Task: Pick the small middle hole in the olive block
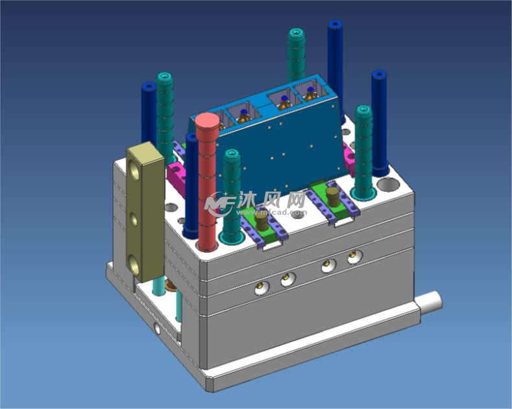click(x=134, y=220)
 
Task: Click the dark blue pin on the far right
click(x=379, y=123)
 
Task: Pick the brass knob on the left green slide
click(x=263, y=222)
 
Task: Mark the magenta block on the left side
click(x=176, y=173)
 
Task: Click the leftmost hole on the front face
click(x=260, y=287)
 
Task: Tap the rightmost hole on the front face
click(x=353, y=257)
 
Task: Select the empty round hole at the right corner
click(x=388, y=184)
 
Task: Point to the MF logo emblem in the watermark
click(x=219, y=204)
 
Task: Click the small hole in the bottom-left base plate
click(x=157, y=329)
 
